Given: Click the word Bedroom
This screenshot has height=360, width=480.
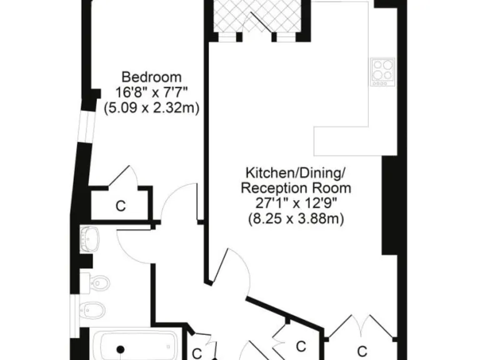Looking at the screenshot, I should point(151,77).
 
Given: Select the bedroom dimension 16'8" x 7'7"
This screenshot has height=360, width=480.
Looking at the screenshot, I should point(151,92).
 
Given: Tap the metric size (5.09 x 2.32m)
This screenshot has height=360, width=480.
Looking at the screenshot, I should point(151,107).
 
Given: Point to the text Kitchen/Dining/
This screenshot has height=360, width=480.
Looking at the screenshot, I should point(296,172).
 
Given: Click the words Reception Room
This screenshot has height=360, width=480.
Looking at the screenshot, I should point(296,187).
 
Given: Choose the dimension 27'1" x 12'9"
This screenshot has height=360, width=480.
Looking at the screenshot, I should point(296,203).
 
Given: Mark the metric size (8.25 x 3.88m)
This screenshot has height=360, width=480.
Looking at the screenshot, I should point(296,219).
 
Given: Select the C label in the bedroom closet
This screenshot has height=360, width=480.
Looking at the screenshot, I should point(121,206).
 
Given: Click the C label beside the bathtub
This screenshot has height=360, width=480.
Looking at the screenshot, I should point(196,352).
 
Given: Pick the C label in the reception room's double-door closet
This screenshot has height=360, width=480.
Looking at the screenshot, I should point(362,349).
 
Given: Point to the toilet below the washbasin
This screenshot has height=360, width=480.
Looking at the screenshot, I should point(98,283).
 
